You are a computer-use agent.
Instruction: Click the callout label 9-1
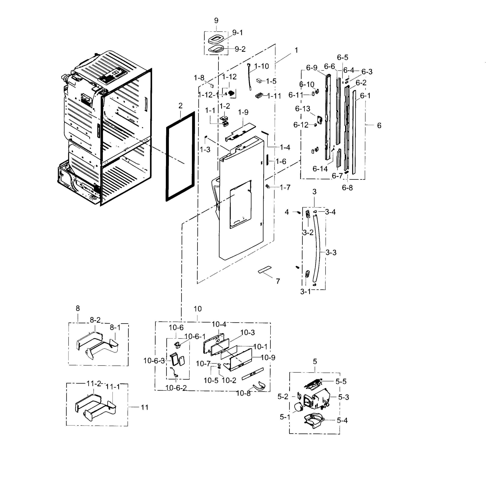[237, 33]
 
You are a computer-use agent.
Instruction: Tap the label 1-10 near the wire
[261, 66]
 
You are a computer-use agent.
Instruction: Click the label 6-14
[320, 169]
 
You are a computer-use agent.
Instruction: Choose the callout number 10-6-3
[154, 361]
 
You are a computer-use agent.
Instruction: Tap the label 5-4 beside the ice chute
[342, 420]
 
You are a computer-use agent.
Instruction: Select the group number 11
[144, 407]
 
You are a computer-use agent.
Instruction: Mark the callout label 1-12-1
[209, 95]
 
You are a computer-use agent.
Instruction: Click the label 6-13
[303, 109]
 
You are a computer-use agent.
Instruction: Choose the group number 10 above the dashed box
[198, 309]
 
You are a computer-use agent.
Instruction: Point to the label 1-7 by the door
[285, 187]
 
